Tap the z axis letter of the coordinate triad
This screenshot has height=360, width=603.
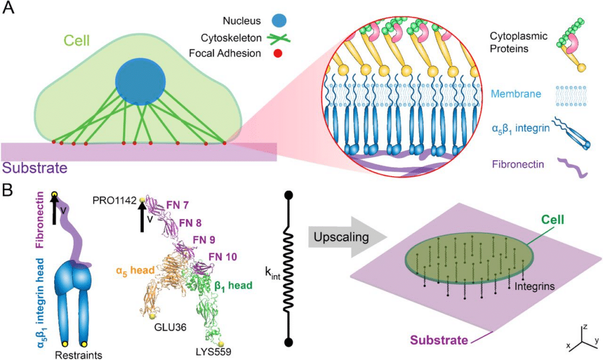pos(584,326)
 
